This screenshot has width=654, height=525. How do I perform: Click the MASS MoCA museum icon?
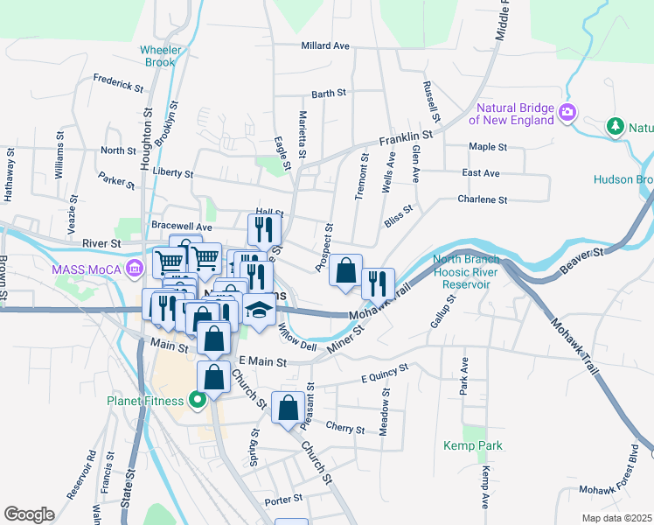click(134, 268)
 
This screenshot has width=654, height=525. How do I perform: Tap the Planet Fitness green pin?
click(198, 401)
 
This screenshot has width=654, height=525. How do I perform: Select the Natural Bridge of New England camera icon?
click(567, 111)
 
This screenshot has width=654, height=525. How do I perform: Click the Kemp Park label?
click(477, 445)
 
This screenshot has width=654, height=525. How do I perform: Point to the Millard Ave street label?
click(324, 45)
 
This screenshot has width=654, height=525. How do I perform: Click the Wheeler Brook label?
click(161, 56)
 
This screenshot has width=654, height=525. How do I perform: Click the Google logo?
click(29, 514)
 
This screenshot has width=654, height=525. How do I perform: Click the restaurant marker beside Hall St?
click(262, 230)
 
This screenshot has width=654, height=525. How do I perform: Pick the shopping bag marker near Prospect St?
click(346, 271)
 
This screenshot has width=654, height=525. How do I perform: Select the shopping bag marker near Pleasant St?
click(288, 408)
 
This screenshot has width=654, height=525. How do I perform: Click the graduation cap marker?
click(258, 311)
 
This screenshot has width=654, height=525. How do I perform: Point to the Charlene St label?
click(482, 199)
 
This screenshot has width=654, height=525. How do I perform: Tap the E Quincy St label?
click(385, 374)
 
